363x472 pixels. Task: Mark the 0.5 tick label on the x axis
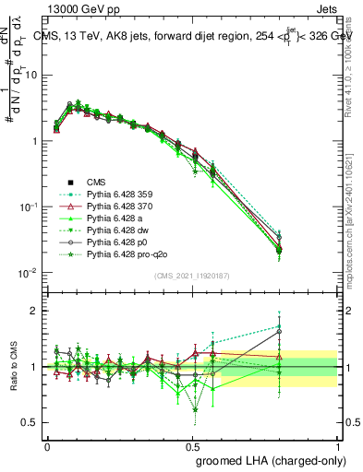[x=191, y=445]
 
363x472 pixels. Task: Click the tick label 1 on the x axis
[x=338, y=445]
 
